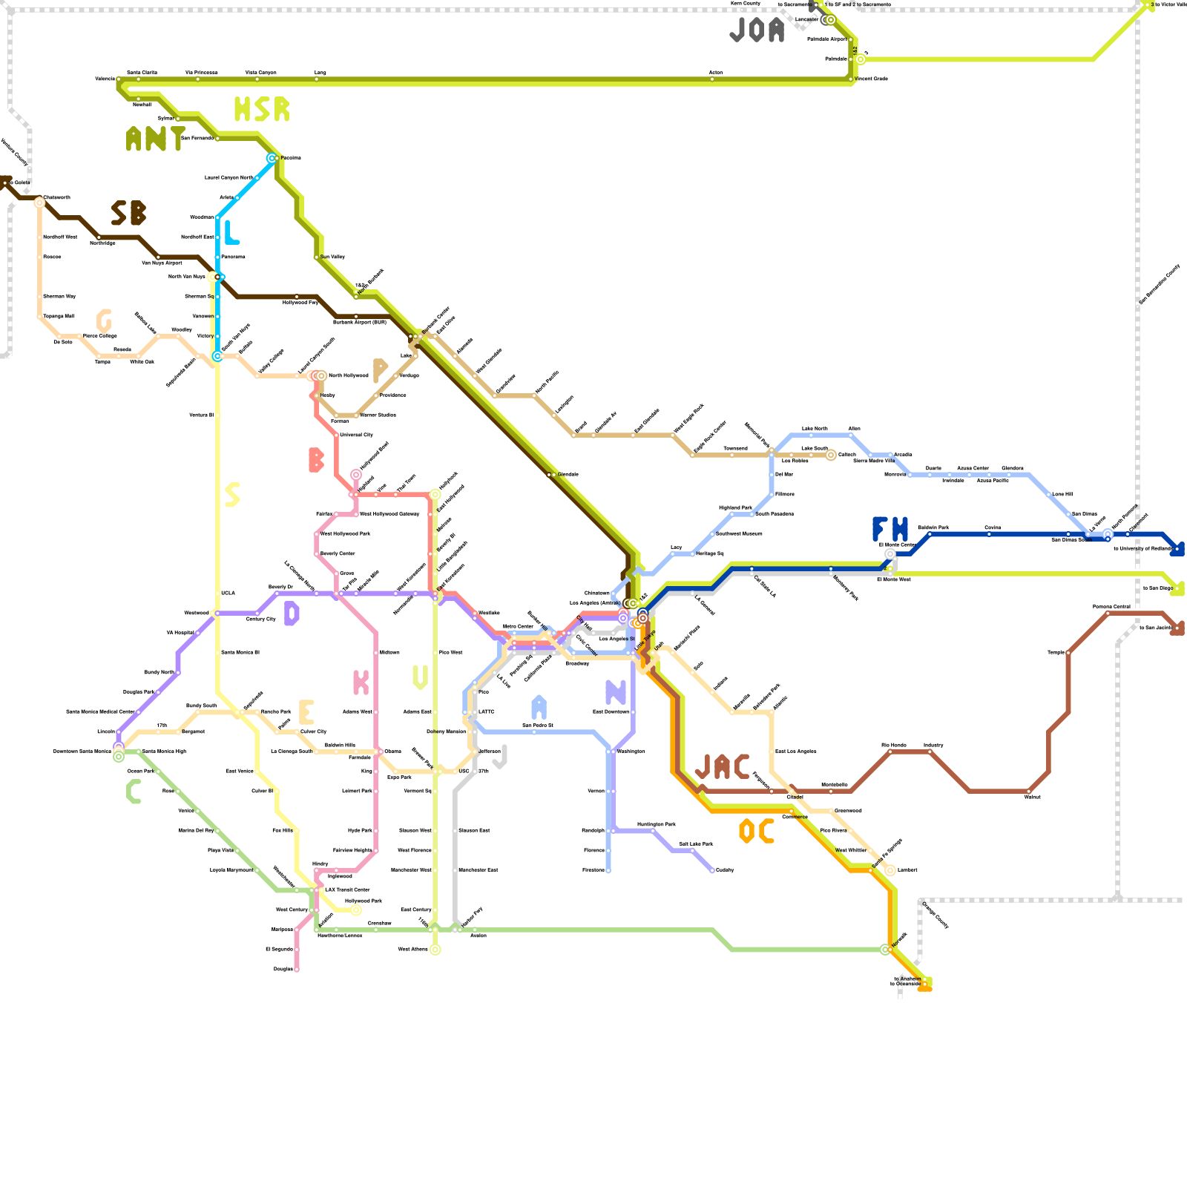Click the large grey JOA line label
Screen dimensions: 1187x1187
tap(757, 30)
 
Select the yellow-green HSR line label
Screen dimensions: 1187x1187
tap(261, 110)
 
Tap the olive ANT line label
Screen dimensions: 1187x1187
tap(155, 139)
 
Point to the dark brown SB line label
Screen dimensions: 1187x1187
tap(128, 214)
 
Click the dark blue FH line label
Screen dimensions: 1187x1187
tap(890, 530)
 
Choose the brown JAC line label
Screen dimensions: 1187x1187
tap(722, 767)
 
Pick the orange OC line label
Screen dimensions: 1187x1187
tap(757, 832)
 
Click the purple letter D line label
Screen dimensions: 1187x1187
tap(292, 614)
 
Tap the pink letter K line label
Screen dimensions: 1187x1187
tap(361, 683)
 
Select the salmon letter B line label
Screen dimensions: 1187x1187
tap(316, 460)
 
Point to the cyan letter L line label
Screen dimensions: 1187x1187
tap(231, 233)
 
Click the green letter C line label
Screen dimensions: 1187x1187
tap(134, 792)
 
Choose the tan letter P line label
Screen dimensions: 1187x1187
tap(380, 370)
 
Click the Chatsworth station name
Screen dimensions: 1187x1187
tap(57, 197)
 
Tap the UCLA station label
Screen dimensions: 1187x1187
tap(228, 593)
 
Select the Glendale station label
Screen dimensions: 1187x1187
tap(568, 474)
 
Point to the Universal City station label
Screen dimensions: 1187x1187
tap(356, 435)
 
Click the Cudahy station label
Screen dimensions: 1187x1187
tap(725, 869)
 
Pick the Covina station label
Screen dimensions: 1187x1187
tap(993, 527)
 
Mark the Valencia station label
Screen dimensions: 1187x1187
tap(105, 79)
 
